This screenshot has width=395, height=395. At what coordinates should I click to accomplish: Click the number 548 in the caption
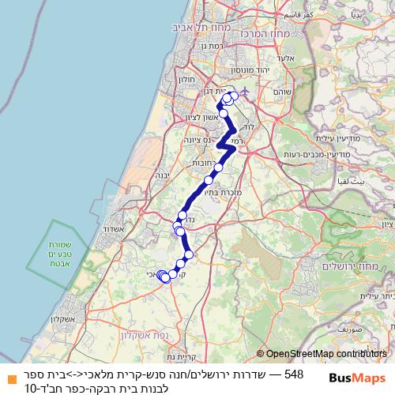point(293,373)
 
